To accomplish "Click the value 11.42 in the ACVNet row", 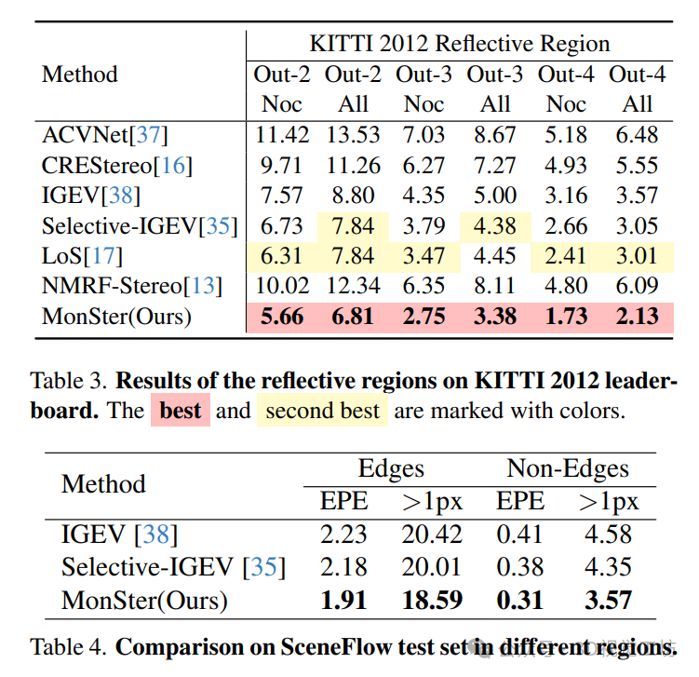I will click(x=282, y=135).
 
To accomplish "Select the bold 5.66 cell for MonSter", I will click(x=282, y=317).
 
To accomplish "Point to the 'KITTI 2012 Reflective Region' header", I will click(x=460, y=44).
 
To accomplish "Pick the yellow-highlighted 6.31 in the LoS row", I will click(x=282, y=256).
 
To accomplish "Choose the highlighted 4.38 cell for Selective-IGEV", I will click(x=496, y=226).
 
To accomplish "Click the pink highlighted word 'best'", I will click(x=181, y=411).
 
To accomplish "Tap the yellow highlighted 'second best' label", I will click(x=323, y=411).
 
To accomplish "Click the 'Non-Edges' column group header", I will click(x=568, y=468).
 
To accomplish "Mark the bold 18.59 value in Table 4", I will click(x=433, y=601).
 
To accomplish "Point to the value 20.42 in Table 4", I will click(x=433, y=535).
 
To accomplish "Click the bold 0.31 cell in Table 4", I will click(x=520, y=601).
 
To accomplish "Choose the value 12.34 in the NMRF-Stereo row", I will click(x=353, y=286).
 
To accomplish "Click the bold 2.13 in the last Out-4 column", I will click(x=638, y=317).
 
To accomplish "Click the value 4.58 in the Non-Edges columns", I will click(x=610, y=535).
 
